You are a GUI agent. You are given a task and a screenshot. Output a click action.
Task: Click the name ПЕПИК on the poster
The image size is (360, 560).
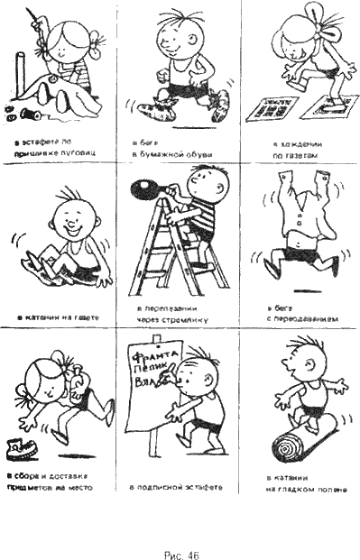pyautogui.click(x=154, y=370)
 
